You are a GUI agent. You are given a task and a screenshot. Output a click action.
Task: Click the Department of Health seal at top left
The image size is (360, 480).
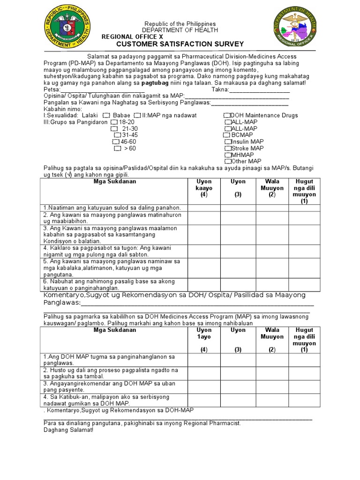67,31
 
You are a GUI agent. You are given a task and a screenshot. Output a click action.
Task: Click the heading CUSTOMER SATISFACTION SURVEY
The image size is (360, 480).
180,44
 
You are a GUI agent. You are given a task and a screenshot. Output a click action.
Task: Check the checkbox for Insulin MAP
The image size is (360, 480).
228,142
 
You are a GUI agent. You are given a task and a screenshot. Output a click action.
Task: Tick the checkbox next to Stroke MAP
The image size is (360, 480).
228,148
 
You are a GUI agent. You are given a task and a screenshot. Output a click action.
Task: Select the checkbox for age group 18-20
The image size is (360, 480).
114,122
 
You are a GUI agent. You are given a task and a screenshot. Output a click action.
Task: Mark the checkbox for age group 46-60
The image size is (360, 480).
115,142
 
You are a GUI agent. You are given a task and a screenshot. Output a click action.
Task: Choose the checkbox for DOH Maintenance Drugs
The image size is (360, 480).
227,115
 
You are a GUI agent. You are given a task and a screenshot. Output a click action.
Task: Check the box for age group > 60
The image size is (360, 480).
117,148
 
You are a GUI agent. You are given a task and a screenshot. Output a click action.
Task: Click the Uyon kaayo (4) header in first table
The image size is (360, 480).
204,188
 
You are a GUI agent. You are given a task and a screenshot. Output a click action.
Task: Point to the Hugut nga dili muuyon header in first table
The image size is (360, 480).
304,191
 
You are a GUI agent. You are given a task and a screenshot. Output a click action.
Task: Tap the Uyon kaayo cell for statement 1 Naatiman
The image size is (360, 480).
204,208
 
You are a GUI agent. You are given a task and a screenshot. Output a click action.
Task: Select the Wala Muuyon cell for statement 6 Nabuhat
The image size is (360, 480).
272,285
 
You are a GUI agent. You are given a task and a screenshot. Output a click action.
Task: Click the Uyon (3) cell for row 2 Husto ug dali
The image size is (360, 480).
238,373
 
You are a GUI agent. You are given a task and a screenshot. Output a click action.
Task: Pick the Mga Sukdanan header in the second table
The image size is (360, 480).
115,330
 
